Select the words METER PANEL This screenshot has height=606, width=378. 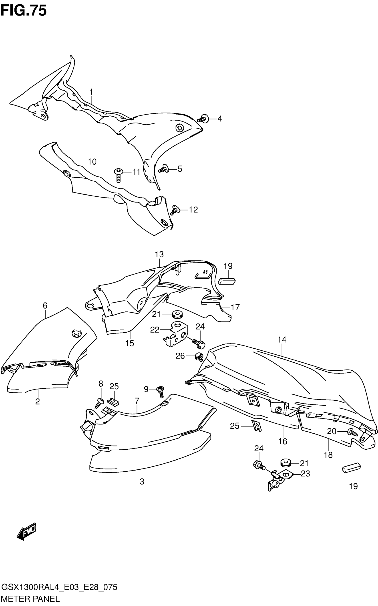tap(30, 599)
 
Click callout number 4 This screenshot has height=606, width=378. tap(219, 119)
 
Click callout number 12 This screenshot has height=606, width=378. tap(193, 210)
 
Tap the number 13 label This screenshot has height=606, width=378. tap(159, 254)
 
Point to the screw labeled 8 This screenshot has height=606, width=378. tap(99, 402)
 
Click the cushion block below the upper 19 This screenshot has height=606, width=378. tap(227, 281)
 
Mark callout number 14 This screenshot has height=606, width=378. tap(282, 340)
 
